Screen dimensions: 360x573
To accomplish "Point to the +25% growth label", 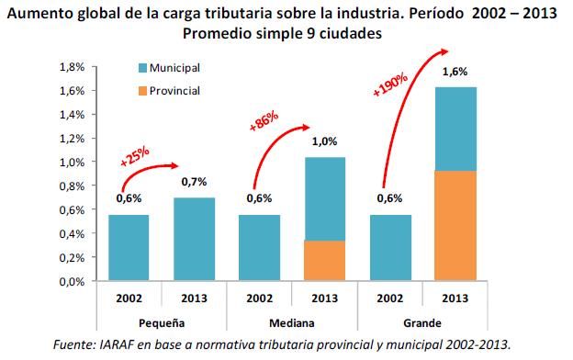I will [x=134, y=155].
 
